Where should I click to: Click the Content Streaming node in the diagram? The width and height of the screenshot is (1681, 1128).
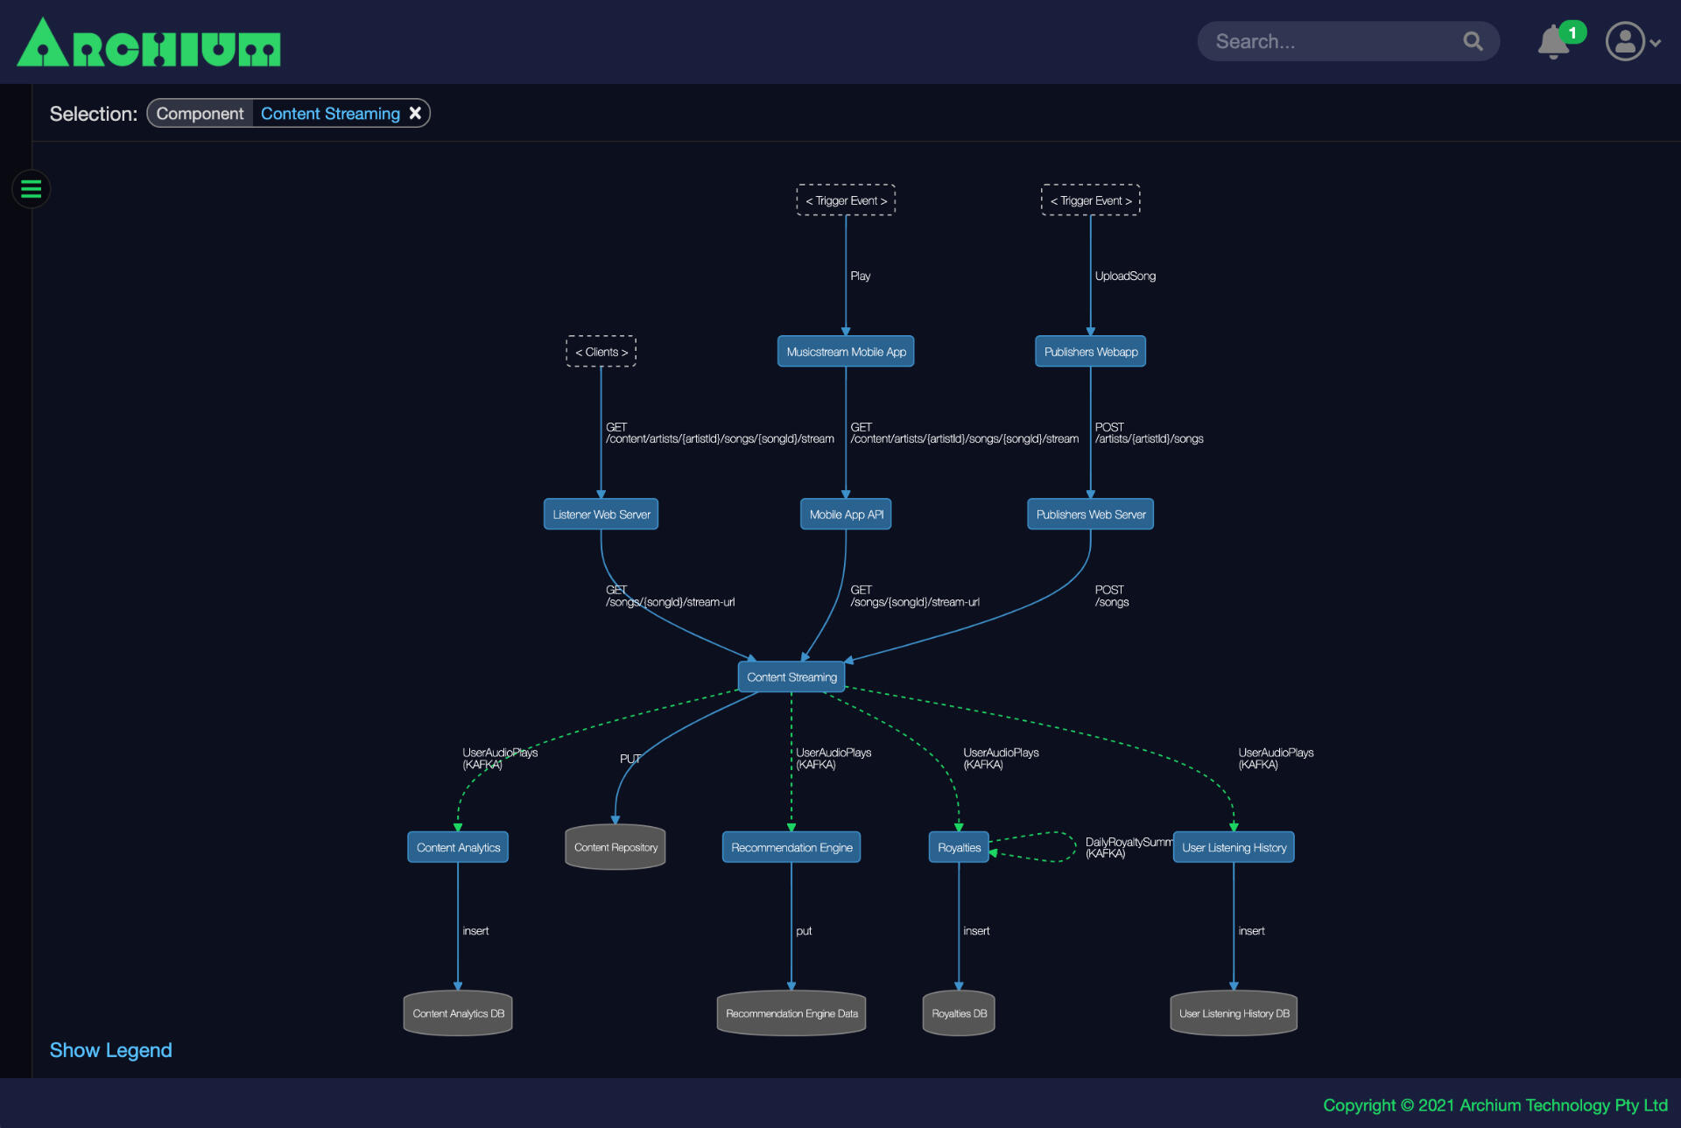click(x=791, y=676)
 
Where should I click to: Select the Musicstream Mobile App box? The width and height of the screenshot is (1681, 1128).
click(x=846, y=352)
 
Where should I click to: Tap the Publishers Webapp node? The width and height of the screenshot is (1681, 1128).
click(x=1091, y=352)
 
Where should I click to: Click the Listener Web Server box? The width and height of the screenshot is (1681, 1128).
click(x=601, y=515)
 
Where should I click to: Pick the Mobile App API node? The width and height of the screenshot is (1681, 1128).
click(x=846, y=515)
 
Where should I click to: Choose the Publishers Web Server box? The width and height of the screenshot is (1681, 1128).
click(x=1091, y=515)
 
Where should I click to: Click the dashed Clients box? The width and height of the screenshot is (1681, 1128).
click(x=601, y=352)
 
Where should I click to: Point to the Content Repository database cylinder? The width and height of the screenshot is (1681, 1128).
click(x=615, y=847)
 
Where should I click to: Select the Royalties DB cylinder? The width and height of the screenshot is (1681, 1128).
click(x=959, y=1013)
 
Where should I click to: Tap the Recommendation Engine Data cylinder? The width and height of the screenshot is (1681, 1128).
click(x=791, y=1013)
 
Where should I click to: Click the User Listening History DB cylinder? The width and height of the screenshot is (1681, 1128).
click(x=1234, y=1013)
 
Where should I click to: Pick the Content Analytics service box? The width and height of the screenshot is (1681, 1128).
click(x=458, y=847)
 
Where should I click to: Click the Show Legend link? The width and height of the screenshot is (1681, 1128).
click(x=110, y=1050)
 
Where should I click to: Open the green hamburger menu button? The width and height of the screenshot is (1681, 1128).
click(x=32, y=189)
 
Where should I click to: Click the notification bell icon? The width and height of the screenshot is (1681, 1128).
click(x=1554, y=42)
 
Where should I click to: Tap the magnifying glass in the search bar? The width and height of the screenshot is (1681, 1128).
click(x=1474, y=41)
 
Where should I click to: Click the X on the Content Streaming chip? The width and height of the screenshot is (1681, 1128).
click(x=415, y=113)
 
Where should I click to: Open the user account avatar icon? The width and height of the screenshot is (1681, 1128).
click(x=1625, y=41)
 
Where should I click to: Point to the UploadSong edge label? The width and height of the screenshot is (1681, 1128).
click(x=1125, y=276)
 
